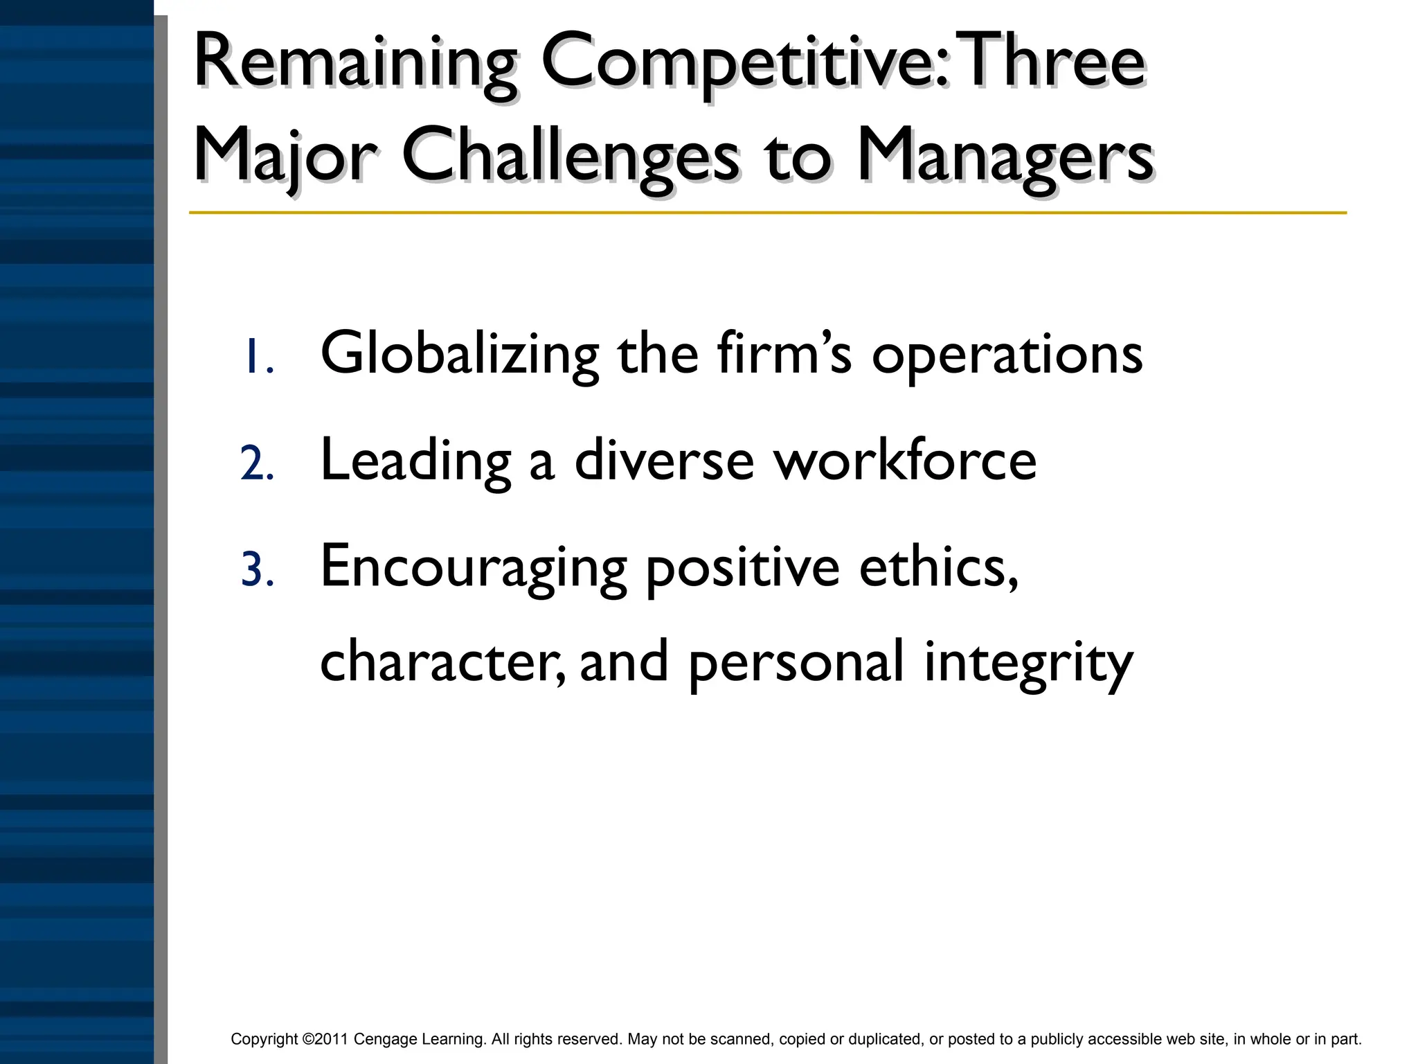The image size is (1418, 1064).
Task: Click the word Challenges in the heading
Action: point(571,157)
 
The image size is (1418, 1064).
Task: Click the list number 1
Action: point(258,357)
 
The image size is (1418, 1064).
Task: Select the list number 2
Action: point(257,463)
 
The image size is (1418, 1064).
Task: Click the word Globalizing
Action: point(460,355)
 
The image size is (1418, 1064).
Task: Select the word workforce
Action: point(905,460)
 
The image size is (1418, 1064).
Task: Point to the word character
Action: point(442,662)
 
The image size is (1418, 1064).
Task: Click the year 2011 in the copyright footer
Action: point(331,1039)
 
